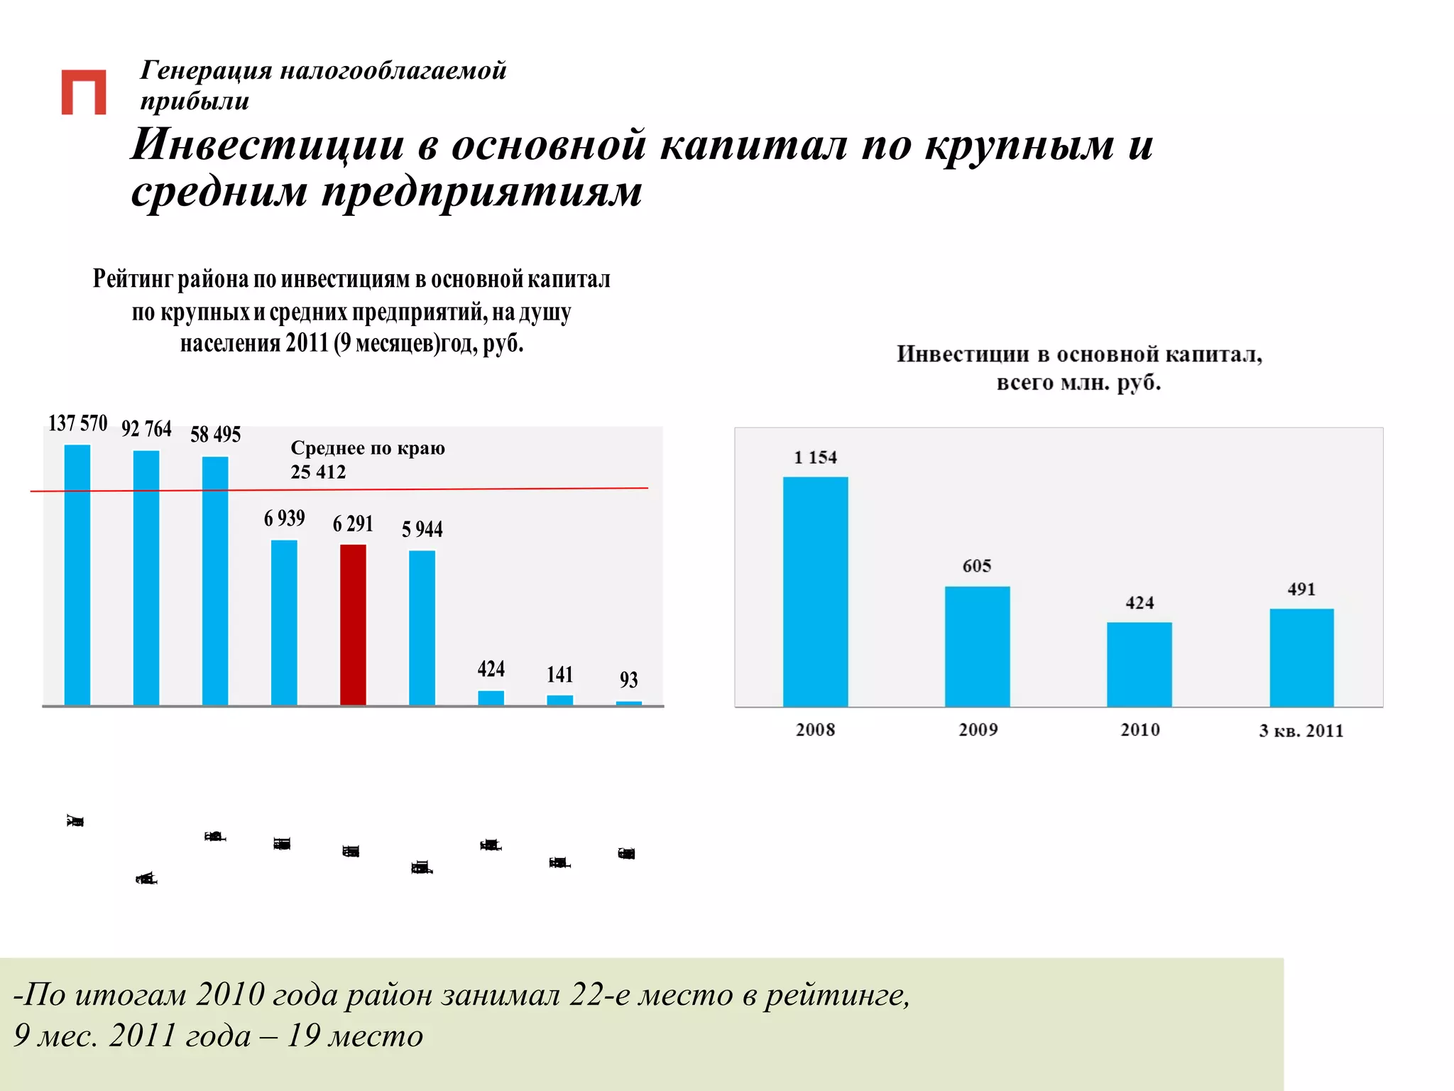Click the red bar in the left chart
click(353, 625)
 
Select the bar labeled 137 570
click(77, 575)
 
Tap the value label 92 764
click(146, 429)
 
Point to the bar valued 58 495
click(215, 581)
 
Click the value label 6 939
click(284, 519)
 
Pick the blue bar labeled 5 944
click(422, 628)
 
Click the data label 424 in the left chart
click(491, 669)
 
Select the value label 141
click(559, 674)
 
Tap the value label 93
click(628, 680)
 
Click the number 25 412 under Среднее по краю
click(318, 472)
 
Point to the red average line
click(497, 489)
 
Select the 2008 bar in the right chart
click(815, 592)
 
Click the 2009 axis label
click(978, 729)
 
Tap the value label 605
click(976, 566)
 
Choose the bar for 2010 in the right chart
click(1139, 664)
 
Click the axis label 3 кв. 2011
click(1301, 730)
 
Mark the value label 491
click(1301, 589)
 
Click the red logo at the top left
click(84, 92)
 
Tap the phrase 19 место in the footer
click(354, 1036)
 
